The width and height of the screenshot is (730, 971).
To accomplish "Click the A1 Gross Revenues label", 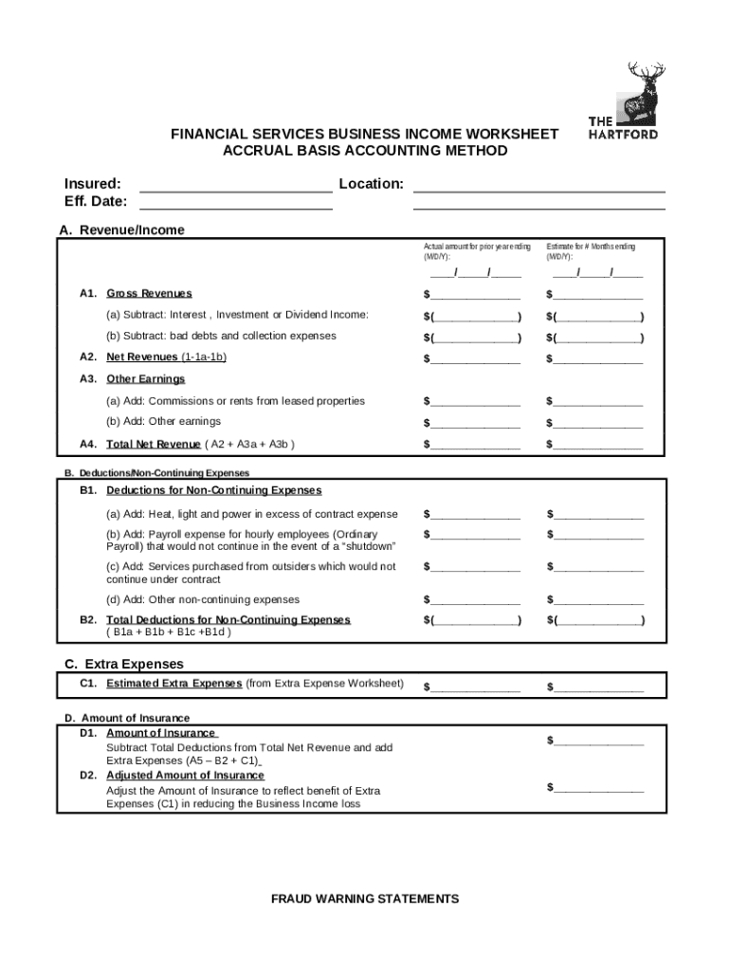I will (x=149, y=294).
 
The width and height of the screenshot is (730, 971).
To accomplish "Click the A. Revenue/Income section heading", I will (x=121, y=230).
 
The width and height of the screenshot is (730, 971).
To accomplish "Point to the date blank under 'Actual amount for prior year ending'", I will (x=472, y=274).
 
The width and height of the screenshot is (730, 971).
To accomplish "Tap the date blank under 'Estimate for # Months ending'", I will (x=595, y=274).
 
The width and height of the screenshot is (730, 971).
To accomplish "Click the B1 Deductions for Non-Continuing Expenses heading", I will (x=213, y=491).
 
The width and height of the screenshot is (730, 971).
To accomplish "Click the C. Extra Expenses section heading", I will (x=124, y=664).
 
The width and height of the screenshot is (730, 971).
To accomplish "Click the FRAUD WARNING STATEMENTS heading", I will (x=365, y=899).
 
